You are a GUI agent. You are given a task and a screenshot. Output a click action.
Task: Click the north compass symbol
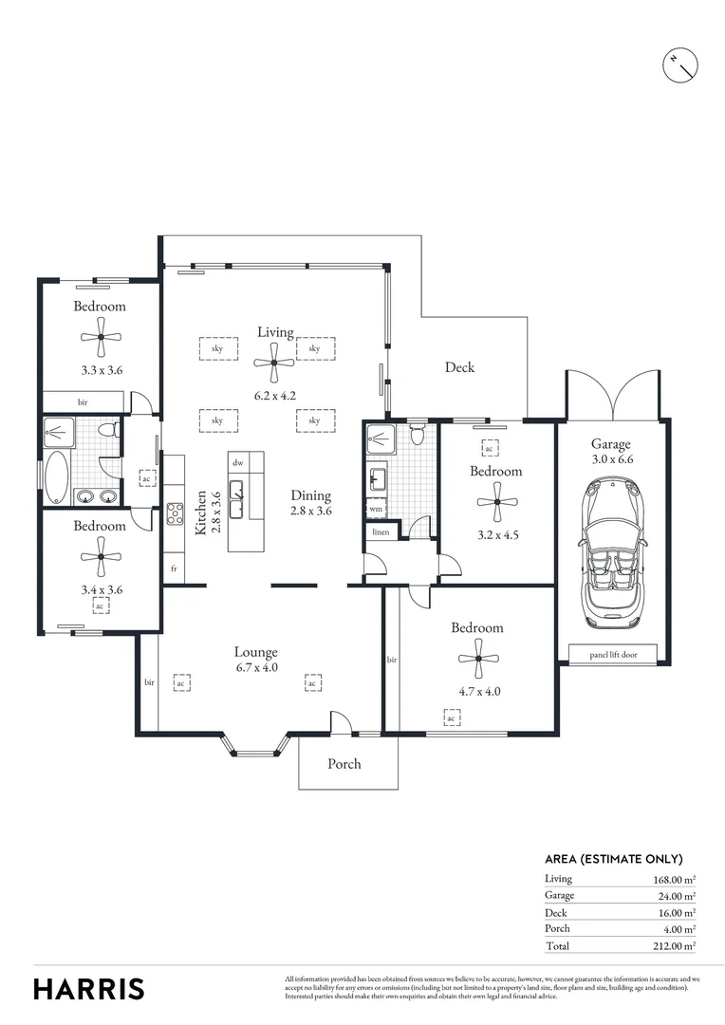pos(681,63)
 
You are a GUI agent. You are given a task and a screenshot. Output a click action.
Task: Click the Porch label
pos(344,763)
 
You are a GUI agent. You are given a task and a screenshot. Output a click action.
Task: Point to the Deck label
pos(460,367)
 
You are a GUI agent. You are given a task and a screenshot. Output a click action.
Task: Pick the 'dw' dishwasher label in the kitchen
pos(238,462)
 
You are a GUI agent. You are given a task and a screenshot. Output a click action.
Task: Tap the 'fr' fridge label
pos(174,568)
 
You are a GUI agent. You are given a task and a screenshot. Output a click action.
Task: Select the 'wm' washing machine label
pos(375,509)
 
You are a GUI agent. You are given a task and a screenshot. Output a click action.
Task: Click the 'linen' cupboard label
pos(380,532)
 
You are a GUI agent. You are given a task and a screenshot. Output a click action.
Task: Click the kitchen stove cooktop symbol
pos(176,513)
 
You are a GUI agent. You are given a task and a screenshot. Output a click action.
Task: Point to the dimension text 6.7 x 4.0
pos(256,667)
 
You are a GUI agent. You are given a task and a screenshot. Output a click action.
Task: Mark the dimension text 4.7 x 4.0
pos(477,691)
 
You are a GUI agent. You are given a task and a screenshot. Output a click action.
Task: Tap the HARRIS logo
pos(89,988)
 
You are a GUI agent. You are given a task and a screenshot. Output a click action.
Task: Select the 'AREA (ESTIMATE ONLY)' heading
pos(613,858)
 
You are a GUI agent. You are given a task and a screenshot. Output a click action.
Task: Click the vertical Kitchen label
pos(201,513)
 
